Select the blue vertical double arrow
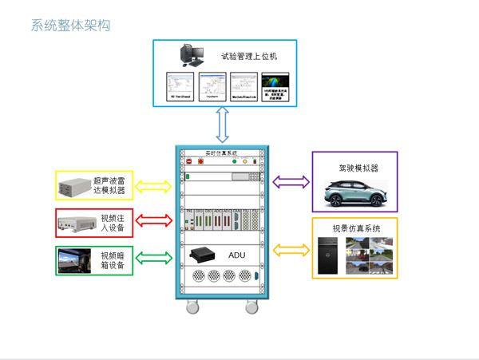223,125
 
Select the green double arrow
155,258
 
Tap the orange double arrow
291,250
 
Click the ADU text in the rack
238,255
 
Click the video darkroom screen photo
76,259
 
